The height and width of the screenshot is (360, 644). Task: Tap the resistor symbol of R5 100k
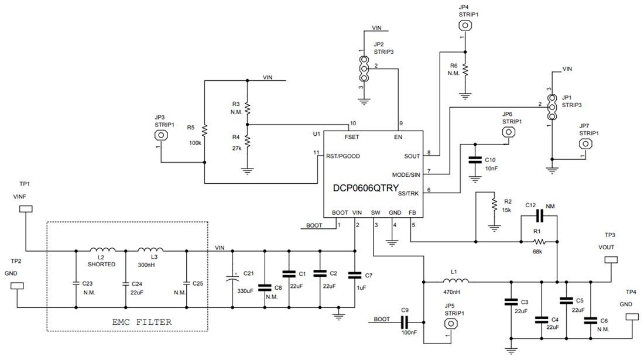(205, 129)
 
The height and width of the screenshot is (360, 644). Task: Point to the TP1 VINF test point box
(26, 210)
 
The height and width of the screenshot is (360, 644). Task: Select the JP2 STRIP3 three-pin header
(364, 69)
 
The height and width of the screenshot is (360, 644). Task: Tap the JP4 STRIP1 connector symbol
(465, 25)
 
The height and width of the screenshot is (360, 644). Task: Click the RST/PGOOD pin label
(342, 156)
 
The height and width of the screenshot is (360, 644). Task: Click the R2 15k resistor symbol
(494, 204)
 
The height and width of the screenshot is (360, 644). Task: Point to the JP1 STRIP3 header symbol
(550, 106)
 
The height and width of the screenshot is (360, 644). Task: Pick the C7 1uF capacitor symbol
(354, 275)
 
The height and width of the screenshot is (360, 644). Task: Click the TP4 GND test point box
(632, 317)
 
